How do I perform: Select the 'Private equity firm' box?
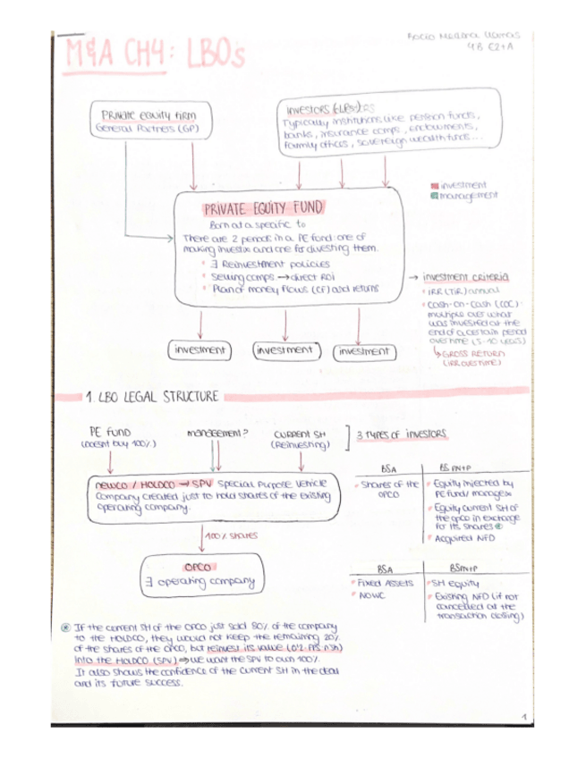click(149, 122)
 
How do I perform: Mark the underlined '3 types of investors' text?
click(403, 434)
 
